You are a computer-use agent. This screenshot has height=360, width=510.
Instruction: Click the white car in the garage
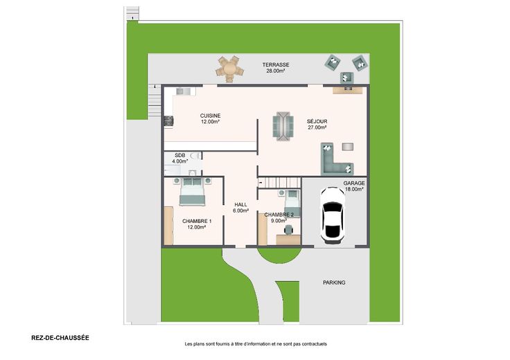[x=333, y=215]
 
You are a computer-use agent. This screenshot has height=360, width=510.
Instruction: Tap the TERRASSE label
[x=276, y=64]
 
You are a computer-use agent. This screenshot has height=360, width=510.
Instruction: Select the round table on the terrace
[x=229, y=69]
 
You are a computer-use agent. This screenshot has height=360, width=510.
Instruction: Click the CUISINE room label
[x=210, y=116]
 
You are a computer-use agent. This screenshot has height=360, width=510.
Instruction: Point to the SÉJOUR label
[x=317, y=122]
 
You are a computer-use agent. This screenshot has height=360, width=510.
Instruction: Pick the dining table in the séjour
[x=283, y=126]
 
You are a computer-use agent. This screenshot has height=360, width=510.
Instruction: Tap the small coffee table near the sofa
[x=348, y=147]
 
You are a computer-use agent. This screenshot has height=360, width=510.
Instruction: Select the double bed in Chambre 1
[x=192, y=192]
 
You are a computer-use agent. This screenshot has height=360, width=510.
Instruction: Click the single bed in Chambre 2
[x=292, y=204]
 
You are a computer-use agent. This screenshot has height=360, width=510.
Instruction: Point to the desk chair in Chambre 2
[x=288, y=230]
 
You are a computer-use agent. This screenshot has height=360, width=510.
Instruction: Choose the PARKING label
[x=334, y=282]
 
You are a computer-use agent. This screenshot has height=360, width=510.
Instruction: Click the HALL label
[x=240, y=205]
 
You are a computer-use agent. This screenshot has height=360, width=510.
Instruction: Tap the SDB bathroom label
[x=180, y=155]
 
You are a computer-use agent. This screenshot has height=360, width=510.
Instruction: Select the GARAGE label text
[x=354, y=183]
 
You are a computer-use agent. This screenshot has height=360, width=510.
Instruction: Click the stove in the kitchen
[x=168, y=121]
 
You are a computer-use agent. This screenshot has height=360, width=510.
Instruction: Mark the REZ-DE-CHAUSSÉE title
[x=60, y=338]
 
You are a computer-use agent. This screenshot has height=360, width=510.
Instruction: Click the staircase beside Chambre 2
[x=280, y=182]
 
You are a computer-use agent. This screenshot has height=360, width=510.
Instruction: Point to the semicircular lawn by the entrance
[x=279, y=255]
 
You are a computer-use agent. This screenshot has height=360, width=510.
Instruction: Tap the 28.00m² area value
[x=276, y=71]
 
